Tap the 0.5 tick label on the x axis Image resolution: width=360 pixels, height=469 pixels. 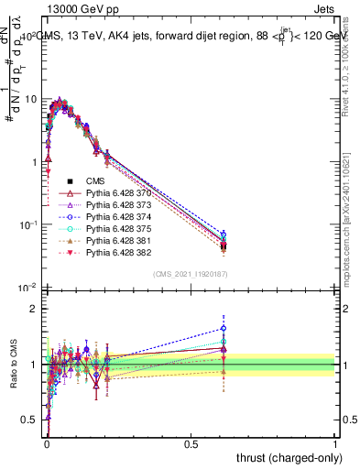(191, 443)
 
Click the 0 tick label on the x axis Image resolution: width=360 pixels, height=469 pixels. (47, 443)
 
